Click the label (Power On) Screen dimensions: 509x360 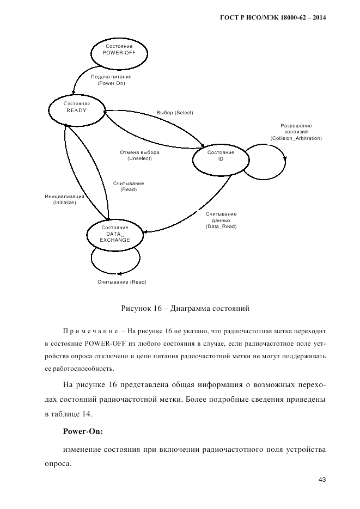pyautogui.click(x=111, y=84)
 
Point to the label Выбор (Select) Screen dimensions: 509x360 pyautogui.click(x=175, y=113)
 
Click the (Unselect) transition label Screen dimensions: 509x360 pyautogui.click(x=139, y=158)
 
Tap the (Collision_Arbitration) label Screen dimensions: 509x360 pyautogui.click(x=296, y=139)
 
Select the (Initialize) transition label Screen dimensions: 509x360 pyautogui.click(x=64, y=203)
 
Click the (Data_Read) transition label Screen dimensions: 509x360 pyautogui.click(x=221, y=225)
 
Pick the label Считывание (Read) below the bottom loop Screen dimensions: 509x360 pyautogui.click(x=122, y=282)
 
